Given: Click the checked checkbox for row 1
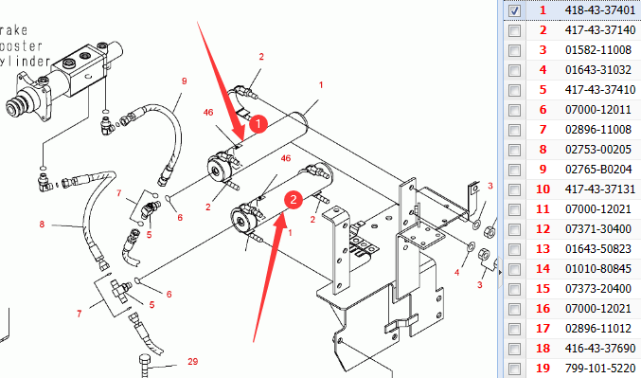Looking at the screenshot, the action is coord(514,10).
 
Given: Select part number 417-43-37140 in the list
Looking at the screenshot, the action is coord(600,30).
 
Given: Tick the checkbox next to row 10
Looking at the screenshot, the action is coord(514,189).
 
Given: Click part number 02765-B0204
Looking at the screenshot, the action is coord(598,170).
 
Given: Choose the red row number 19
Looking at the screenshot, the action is coord(543,369).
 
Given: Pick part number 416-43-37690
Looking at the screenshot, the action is coord(600,348).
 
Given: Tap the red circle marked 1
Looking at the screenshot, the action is coord(258,124).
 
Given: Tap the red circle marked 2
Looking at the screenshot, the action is coord(294,200).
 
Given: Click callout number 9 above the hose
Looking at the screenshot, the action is coord(184,81).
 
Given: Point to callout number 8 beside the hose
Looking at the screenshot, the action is coord(42,225).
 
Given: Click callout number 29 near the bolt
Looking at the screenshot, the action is coord(192,361).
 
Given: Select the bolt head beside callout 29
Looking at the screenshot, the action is coord(146,361).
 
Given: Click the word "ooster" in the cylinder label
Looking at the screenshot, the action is coord(21,45).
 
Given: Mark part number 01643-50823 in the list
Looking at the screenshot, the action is coord(598,249).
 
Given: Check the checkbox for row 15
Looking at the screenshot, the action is coord(514,289).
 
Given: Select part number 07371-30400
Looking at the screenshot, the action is coord(598,228).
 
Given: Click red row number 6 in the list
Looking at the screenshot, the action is coord(543,110).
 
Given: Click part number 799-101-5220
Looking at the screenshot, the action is coord(600,369).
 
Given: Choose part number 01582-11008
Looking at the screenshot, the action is coord(598,50).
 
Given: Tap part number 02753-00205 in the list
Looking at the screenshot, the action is coord(598,150).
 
